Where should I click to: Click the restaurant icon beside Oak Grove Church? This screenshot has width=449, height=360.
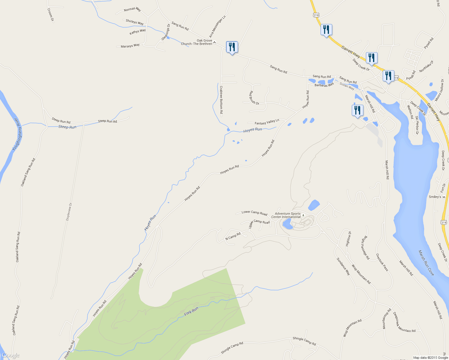(231, 47)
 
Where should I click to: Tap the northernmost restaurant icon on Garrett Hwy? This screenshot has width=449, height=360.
(326, 30)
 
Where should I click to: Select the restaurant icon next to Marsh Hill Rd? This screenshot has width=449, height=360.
(357, 110)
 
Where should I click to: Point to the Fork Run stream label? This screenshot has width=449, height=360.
(191, 311)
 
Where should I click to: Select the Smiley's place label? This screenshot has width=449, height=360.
(435, 197)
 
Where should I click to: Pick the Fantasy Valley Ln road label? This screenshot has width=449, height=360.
(267, 122)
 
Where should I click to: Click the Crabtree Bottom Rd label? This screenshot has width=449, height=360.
(221, 100)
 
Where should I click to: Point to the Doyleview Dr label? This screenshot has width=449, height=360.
(69, 212)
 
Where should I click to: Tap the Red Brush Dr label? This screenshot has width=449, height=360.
(254, 98)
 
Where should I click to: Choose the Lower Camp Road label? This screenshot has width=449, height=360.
(254, 213)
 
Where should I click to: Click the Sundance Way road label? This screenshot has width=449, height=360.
(343, 266)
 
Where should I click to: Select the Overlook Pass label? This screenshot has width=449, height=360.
(382, 262)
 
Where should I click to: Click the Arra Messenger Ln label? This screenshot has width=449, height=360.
(217, 26)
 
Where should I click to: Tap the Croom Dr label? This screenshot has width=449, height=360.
(51, 15)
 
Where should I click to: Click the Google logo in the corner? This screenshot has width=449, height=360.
(10, 355)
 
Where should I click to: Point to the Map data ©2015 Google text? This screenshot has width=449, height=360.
(430, 358)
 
